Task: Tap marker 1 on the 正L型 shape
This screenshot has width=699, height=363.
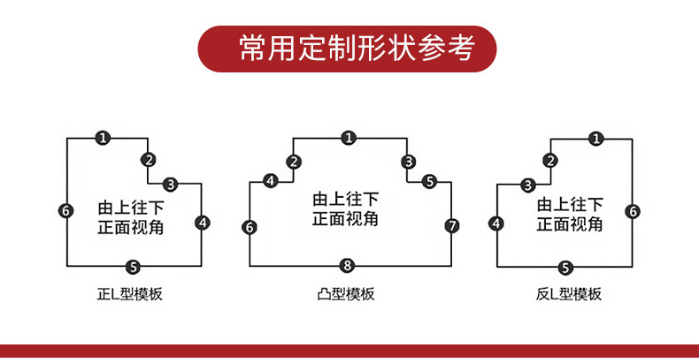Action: pos(104,138)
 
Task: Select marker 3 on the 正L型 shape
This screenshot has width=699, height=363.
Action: pos(171,184)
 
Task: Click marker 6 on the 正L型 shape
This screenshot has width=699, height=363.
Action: pos(66,210)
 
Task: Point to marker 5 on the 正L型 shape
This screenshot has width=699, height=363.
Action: pos(133,267)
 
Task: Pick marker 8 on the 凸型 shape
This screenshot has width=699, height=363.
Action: pos(348,265)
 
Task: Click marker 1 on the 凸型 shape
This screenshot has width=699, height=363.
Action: pos(349,138)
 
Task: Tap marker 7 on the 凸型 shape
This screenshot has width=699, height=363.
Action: pos(452,225)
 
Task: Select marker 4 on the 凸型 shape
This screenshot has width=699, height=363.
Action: pos(271,181)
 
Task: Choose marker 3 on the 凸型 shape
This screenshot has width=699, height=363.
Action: pos(408,161)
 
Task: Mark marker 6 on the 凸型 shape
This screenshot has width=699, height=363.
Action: pos(250,228)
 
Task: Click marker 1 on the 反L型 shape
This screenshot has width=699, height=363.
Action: pos(596,138)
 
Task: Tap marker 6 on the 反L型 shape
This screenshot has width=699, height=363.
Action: pos(633,211)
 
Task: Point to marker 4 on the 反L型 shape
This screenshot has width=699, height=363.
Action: pos(496,223)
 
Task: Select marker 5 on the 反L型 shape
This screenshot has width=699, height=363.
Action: pos(566,267)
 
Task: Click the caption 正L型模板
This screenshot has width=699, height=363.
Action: pos(130,294)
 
